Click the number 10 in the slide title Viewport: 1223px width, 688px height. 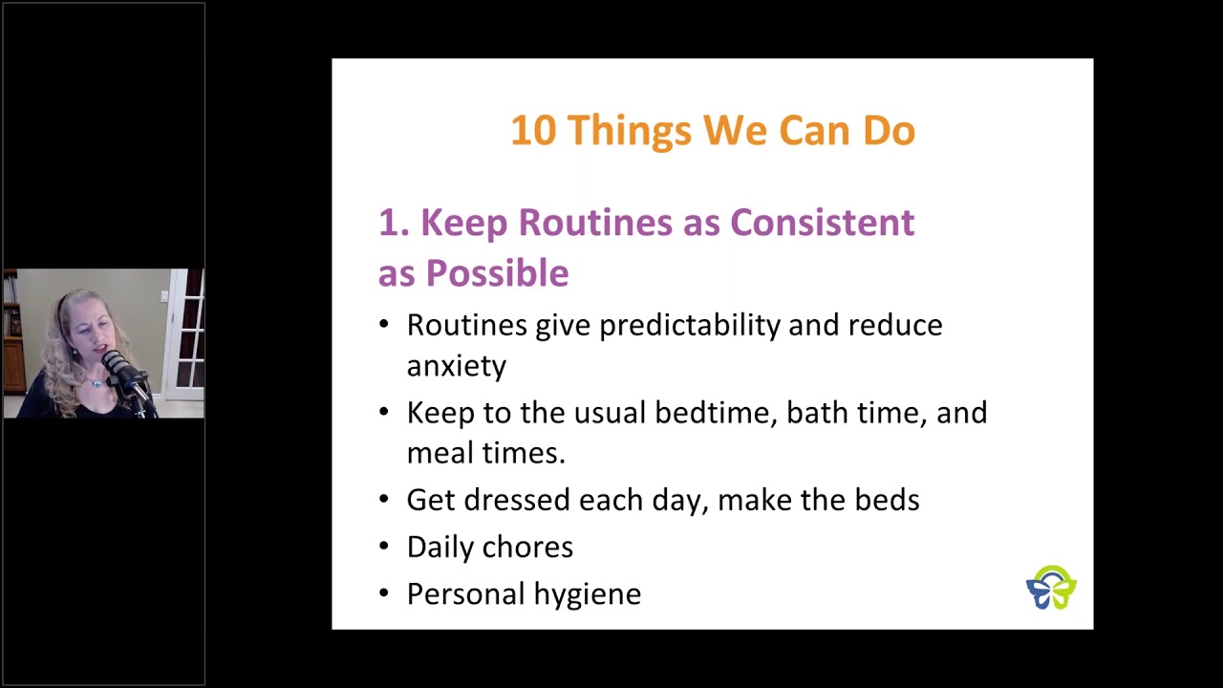pyautogui.click(x=533, y=131)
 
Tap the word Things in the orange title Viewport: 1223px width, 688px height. pyautogui.click(x=630, y=131)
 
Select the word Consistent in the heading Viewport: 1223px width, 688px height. pyautogui.click(x=823, y=223)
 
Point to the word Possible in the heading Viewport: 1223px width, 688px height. pyautogui.click(x=498, y=272)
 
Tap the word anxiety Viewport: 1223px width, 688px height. pyautogui.click(x=457, y=366)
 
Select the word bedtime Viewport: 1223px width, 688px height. pyautogui.click(x=716, y=412)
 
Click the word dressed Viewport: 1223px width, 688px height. pyautogui.click(x=517, y=500)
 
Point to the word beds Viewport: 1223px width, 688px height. pyautogui.click(x=887, y=500)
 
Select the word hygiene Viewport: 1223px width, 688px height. pyautogui.click(x=587, y=594)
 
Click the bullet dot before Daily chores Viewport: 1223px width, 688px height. pyautogui.click(x=384, y=546)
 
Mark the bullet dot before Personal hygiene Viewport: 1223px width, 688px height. pyautogui.click(x=384, y=593)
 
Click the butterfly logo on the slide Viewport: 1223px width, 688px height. pyautogui.click(x=1051, y=588)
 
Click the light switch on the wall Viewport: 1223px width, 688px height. pyautogui.click(x=163, y=296)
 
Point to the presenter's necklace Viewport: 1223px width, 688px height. pyautogui.click(x=93, y=381)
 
